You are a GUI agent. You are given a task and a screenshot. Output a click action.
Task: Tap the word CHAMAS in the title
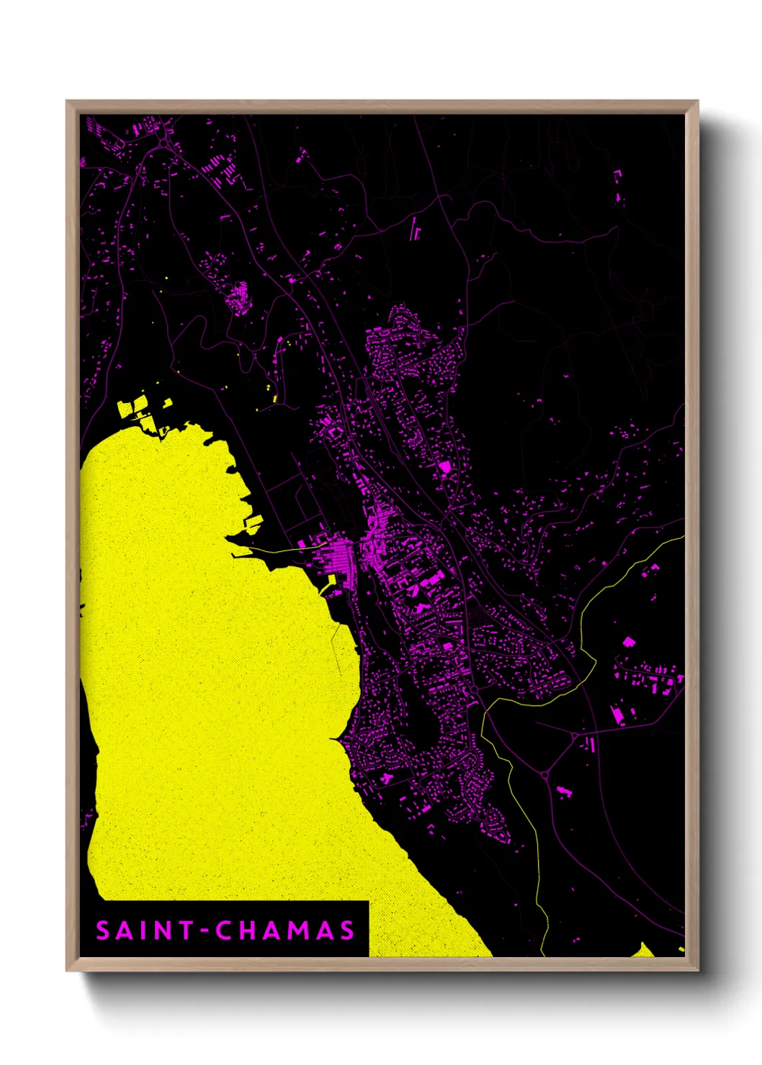coord(285,930)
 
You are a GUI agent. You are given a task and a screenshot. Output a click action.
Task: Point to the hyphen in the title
coord(205,931)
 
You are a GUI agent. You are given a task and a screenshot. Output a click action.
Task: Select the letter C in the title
coord(224,930)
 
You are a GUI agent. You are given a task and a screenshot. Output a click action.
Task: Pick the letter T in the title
coord(187,930)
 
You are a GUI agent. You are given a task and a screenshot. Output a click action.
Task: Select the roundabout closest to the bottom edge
coord(544,775)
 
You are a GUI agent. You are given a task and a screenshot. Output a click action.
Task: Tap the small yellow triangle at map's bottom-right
coord(642,951)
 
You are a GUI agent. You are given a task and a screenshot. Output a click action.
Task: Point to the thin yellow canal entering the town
coord(288,550)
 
